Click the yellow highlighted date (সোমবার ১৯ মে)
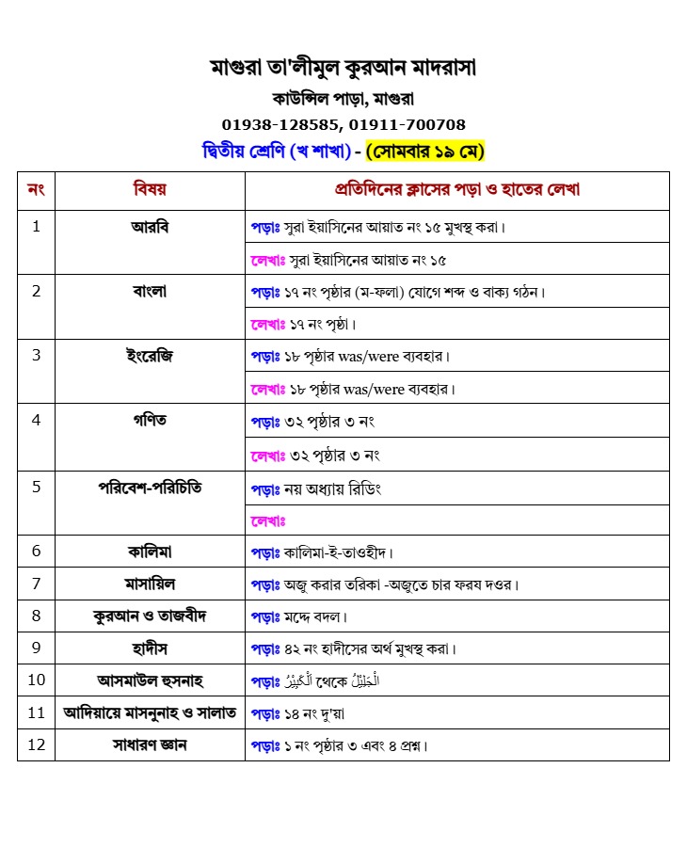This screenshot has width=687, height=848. click(x=424, y=151)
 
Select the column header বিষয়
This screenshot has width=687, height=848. click(x=150, y=189)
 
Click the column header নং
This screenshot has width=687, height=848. click(x=36, y=189)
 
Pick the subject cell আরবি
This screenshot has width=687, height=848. click(x=150, y=227)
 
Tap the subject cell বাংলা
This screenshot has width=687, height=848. click(x=150, y=291)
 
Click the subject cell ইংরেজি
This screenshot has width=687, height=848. click(x=150, y=355)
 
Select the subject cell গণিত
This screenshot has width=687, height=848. click(x=150, y=420)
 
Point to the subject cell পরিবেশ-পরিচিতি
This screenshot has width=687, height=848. click(x=150, y=488)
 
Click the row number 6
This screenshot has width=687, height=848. click(x=36, y=551)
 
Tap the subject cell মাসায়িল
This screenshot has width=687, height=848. click(x=150, y=584)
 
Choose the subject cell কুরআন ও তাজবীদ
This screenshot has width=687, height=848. click(x=150, y=616)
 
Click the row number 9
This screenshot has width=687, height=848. click(x=36, y=648)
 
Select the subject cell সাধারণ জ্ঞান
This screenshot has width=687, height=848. click(x=150, y=744)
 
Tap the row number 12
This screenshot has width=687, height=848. click(x=36, y=744)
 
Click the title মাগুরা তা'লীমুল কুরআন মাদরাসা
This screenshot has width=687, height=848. click(x=343, y=68)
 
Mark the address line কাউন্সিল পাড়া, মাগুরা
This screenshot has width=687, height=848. click(x=343, y=98)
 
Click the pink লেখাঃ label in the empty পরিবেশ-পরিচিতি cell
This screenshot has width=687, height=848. click(x=268, y=520)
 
